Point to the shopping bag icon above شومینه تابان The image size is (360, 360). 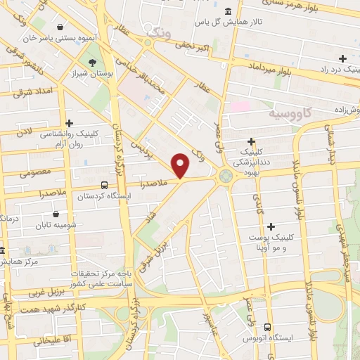(56, 214)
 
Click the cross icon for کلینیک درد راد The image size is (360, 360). (342, 58)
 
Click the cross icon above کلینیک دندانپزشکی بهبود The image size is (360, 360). (252, 141)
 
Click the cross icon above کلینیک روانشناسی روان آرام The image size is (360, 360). (69, 122)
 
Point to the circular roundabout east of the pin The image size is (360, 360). (226, 176)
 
